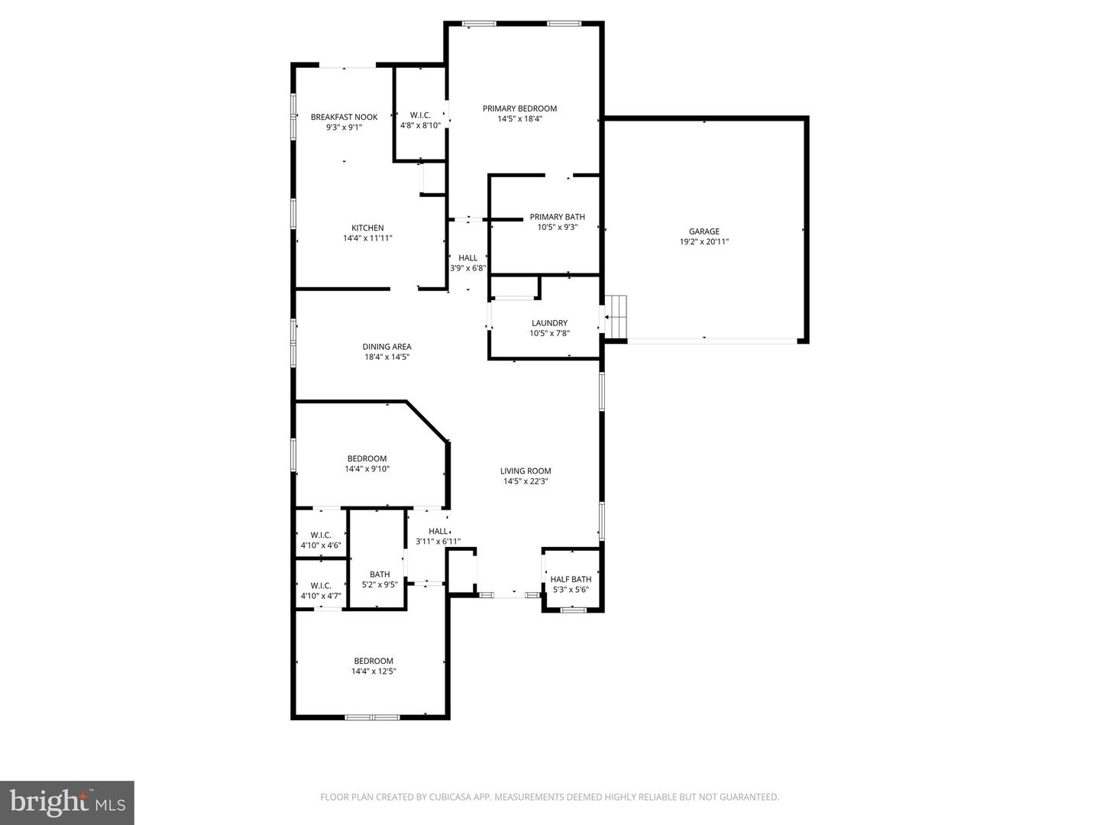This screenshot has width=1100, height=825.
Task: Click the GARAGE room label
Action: click(x=704, y=231)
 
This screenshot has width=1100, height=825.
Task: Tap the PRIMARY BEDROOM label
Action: click(x=519, y=108)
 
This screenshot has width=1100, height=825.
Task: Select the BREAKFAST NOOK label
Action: click(x=344, y=117)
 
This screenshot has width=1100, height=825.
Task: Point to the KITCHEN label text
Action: click(x=367, y=228)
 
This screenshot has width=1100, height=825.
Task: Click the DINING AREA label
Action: click(x=387, y=347)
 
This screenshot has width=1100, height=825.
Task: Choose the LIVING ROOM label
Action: click(x=526, y=471)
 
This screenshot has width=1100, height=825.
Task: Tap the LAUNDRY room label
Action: click(x=549, y=323)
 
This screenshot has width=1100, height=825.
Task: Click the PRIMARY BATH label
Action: click(x=558, y=217)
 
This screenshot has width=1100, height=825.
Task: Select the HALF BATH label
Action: click(x=571, y=579)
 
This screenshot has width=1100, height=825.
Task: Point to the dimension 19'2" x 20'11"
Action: click(x=704, y=242)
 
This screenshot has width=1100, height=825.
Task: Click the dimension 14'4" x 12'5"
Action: click(x=374, y=671)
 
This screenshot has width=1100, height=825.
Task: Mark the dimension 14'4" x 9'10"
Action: click(x=367, y=469)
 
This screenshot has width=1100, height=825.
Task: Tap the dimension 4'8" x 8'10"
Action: click(x=420, y=125)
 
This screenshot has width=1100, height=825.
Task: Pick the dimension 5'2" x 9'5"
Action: click(x=380, y=585)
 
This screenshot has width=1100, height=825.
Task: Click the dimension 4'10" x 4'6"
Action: click(x=321, y=545)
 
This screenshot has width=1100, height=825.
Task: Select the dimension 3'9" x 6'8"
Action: click(x=467, y=268)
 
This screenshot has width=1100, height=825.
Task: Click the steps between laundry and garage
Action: click(x=616, y=316)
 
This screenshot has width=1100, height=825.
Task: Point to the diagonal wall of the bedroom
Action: click(x=426, y=421)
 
